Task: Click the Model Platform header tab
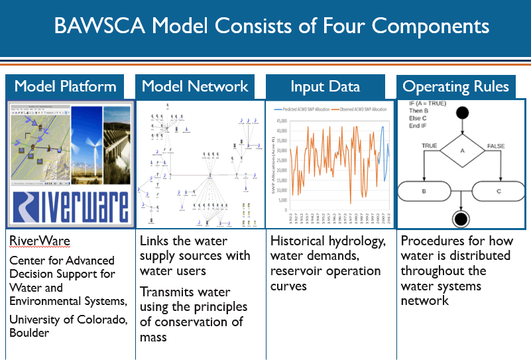coord(65,87)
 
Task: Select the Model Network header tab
coord(195,87)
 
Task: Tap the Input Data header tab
coord(325,87)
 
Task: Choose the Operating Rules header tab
coord(456,87)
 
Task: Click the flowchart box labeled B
coord(424,192)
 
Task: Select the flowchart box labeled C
coord(501,192)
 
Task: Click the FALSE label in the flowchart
coord(497,145)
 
